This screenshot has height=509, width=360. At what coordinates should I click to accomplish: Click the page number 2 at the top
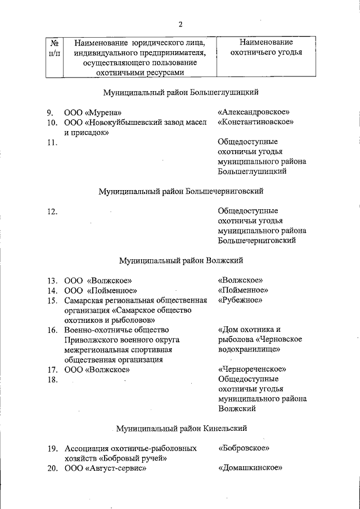(x=181, y=24)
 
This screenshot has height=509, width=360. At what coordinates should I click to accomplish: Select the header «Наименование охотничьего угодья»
(x=266, y=48)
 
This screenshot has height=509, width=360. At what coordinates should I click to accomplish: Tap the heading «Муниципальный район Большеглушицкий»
(x=181, y=92)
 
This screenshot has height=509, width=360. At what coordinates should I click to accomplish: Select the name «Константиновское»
(x=256, y=121)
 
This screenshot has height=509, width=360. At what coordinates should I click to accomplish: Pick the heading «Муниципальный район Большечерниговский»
(x=181, y=191)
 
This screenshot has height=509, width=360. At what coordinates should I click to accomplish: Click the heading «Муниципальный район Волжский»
(x=181, y=260)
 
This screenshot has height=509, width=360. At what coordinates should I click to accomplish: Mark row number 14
(x=52, y=291)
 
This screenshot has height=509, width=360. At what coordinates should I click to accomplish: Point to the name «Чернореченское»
(x=252, y=370)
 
